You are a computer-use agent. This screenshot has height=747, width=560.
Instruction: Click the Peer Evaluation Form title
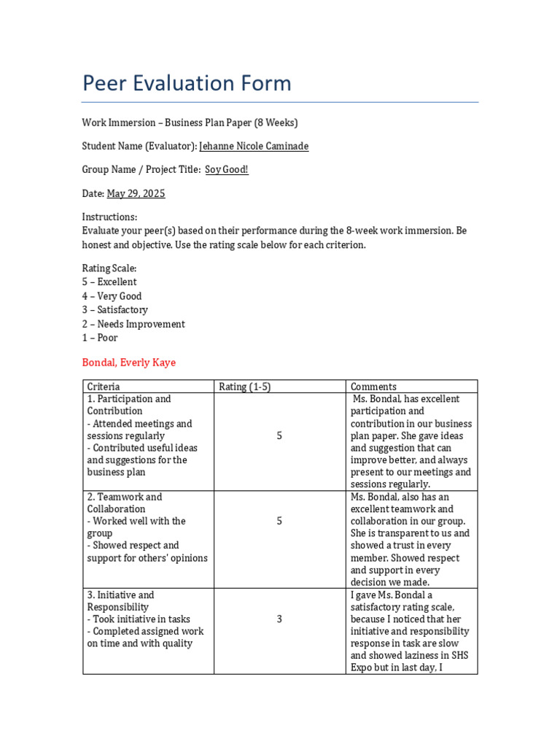pos(187,83)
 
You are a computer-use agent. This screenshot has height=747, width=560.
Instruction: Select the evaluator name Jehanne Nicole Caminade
pos(254,146)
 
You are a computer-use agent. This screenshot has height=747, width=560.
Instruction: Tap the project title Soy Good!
pos(226,169)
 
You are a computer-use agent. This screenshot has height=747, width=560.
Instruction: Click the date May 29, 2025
pos(136,193)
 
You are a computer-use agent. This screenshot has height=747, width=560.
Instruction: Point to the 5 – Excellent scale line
pos(109,282)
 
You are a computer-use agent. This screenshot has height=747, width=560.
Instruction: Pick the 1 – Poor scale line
pos(100,338)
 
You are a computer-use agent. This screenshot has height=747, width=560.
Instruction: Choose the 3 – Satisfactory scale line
pos(114,310)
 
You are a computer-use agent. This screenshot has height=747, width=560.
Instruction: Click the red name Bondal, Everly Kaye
pos(128,363)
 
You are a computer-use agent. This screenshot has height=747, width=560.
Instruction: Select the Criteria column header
pos(104,387)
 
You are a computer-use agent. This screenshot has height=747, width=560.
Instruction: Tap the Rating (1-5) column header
pos(244,387)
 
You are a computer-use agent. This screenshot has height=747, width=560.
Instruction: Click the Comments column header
pos(373,387)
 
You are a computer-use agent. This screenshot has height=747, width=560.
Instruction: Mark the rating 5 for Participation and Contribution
pos(279,436)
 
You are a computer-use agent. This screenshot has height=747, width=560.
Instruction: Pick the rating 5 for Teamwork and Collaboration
pos(279,521)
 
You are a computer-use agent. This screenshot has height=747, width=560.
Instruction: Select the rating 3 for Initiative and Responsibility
pos(279,619)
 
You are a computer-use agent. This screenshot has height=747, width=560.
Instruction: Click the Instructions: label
pos(109,217)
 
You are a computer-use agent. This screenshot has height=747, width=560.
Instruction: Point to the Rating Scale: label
pos(109,268)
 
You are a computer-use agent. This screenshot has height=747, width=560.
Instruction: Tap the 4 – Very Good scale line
pos(112,296)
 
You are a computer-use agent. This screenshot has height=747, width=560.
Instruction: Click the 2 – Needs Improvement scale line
pos(133,324)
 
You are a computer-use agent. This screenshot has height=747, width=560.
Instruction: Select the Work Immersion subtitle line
pos(190,123)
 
